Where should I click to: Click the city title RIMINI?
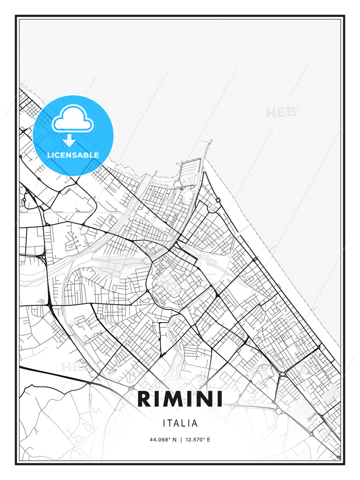point(180,399)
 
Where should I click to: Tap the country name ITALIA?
point(180,423)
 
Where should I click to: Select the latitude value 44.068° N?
point(163,440)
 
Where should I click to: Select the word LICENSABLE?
point(73,155)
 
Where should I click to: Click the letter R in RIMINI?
point(144,399)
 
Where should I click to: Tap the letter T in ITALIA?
point(171,423)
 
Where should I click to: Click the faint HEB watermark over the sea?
point(281,113)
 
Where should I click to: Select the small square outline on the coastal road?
point(218,200)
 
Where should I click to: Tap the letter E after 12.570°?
point(208,440)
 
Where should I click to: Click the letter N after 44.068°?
point(174,440)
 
